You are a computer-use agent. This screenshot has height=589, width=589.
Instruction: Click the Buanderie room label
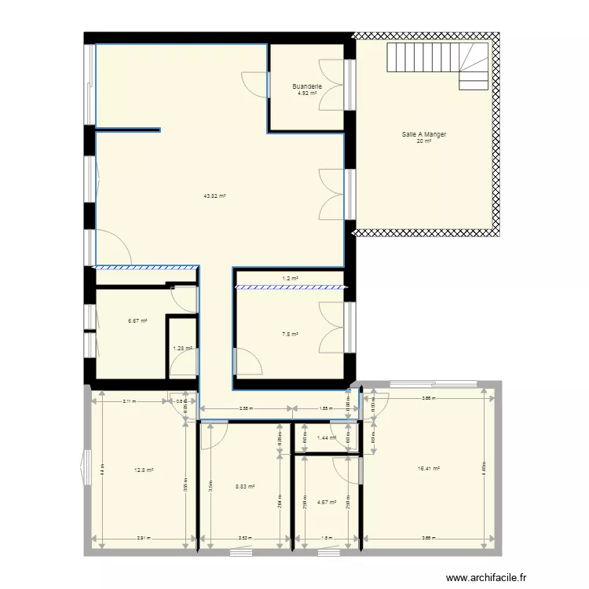pos(307,86)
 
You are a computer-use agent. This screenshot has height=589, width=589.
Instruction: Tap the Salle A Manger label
pos(424,135)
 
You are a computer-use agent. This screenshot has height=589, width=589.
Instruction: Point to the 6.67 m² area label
pos(138,320)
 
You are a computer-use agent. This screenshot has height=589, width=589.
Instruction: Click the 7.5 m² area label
pos(290,334)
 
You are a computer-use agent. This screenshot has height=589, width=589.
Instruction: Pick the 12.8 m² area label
pos(144,470)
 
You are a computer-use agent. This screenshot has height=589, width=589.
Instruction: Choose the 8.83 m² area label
pos(245,486)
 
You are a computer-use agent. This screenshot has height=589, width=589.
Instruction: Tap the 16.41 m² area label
pos(429,469)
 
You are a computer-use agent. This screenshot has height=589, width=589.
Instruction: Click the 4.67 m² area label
pos(327,502)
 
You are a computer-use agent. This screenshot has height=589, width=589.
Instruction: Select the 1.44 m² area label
pos(326,438)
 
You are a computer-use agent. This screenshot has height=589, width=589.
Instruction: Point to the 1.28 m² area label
pos(182,349)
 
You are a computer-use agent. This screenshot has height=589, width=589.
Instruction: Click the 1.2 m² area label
pos(290,279)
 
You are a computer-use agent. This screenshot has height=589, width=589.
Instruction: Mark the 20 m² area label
pos(424,142)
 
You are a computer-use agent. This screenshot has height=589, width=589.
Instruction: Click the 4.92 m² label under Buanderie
pos(307,93)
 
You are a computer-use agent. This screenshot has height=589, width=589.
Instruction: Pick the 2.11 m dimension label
pos(129,401)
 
